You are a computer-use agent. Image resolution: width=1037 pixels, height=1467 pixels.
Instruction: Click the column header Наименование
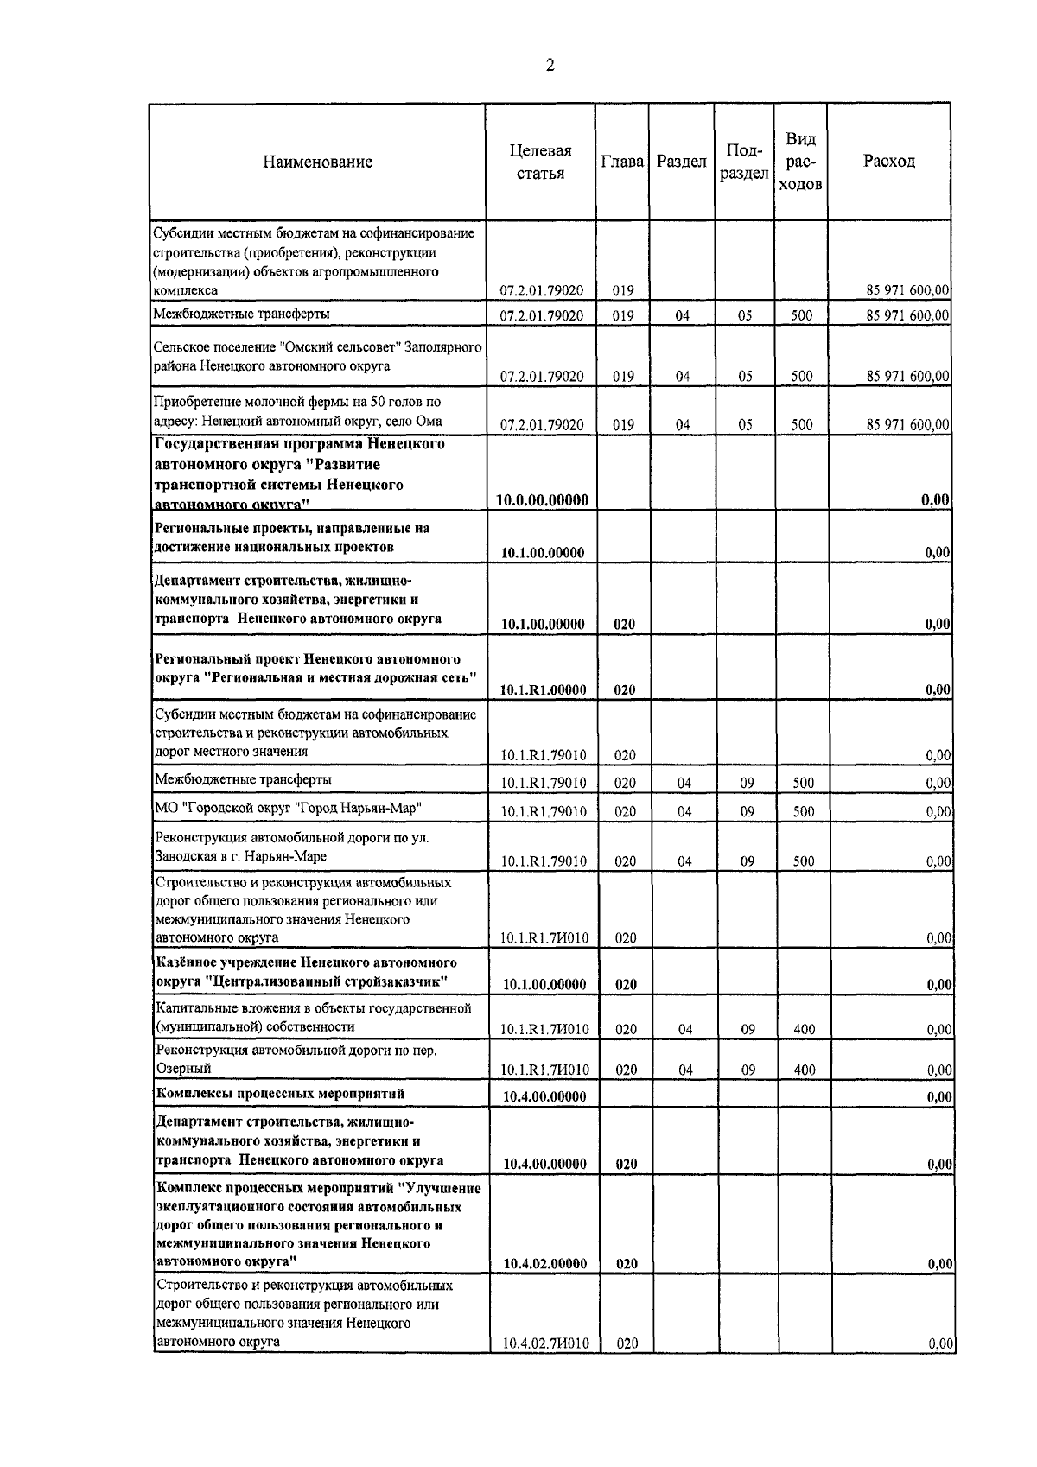pos(317,162)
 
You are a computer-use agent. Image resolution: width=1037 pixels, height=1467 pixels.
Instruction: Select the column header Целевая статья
pos(540,162)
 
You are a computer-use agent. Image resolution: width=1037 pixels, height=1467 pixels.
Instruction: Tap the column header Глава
pos(622,162)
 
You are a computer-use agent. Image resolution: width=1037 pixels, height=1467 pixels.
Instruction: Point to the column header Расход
pos(888,162)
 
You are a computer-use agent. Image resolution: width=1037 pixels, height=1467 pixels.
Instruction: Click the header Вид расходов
pos(800,162)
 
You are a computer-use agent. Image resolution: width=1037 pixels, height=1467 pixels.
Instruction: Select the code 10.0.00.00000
pos(543,500)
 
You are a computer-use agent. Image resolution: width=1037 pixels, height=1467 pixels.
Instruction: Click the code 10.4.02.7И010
pos(545,1368)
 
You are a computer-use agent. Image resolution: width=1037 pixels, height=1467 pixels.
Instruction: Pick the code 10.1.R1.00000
pos(544,689)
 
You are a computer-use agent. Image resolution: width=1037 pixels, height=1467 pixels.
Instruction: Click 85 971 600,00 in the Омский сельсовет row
pos(907,376)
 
